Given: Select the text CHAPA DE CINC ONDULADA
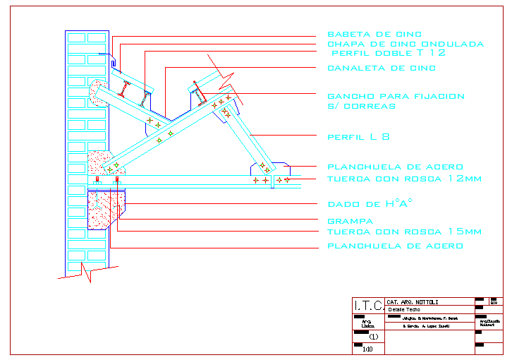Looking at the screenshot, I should click(406, 44).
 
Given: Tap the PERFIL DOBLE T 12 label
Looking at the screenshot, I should click(389, 53).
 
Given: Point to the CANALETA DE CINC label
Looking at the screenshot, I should click(382, 68).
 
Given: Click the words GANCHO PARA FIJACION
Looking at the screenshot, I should click(396, 96).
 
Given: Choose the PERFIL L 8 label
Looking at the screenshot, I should click(358, 137).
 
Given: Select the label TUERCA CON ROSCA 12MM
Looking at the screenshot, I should click(404, 179).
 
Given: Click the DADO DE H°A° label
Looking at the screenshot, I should click(370, 204).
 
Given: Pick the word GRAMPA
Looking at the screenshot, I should click(349, 222).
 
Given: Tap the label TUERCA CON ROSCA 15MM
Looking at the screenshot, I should click(404, 232).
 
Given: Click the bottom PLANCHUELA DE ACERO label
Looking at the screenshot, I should click(395, 246).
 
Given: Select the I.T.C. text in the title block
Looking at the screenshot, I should click(368, 306).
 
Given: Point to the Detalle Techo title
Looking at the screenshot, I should click(403, 310).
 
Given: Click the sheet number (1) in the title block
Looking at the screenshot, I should click(374, 337).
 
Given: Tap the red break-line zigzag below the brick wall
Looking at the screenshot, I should click(86, 271).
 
